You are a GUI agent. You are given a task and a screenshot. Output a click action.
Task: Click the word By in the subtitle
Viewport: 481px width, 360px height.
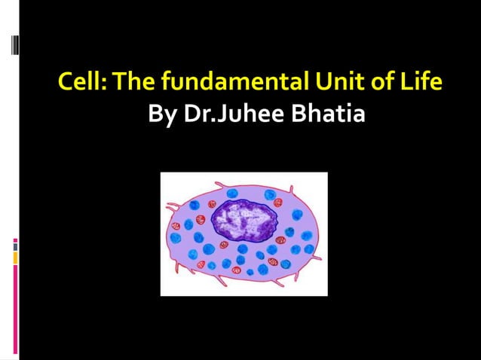[158, 117]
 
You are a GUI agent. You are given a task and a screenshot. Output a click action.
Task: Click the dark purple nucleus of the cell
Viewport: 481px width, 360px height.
[242, 219]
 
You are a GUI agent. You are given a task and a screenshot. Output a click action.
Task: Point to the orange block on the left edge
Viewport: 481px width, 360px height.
[15, 258]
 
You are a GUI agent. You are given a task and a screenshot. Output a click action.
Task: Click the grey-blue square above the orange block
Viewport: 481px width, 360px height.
[15, 245]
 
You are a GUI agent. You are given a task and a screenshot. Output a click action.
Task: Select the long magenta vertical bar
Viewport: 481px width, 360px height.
[15, 309]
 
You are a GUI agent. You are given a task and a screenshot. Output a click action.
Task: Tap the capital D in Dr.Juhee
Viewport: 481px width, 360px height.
[179, 117]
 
